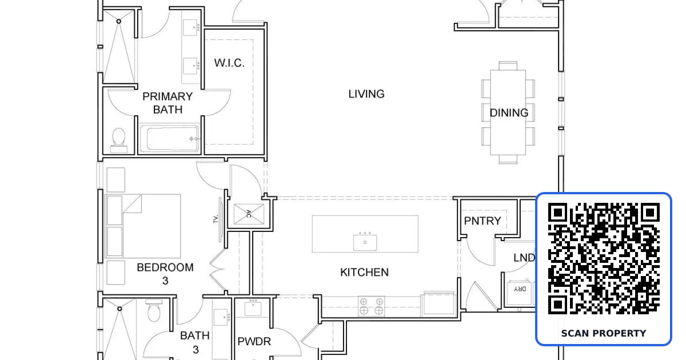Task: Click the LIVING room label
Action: point(366,94)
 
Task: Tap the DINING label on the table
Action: point(509,113)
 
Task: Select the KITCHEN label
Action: point(365,272)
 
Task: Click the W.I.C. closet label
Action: point(229,63)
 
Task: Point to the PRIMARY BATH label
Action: point(167,103)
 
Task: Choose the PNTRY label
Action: point(482,221)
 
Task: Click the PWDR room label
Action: point(254,341)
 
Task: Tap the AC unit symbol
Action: point(249,214)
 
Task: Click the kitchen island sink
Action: point(365,242)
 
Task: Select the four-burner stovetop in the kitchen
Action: point(371,306)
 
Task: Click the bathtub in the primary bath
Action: point(169,138)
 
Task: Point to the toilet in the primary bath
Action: point(119,140)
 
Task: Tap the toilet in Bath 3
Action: point(154,310)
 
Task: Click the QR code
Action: point(604,259)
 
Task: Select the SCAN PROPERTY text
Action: point(604,333)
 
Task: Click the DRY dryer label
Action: point(520,289)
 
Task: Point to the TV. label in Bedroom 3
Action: point(216,219)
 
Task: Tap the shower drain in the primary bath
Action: point(119,21)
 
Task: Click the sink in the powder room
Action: point(253,308)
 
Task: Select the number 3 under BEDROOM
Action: point(165,281)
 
